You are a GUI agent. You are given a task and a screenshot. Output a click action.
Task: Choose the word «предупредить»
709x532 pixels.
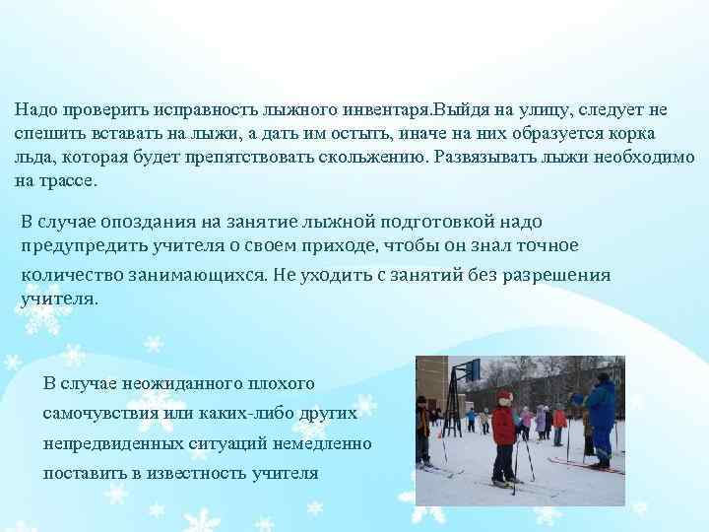coord(78,246)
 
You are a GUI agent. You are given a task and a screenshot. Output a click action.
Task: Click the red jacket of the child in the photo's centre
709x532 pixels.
coord(503,426)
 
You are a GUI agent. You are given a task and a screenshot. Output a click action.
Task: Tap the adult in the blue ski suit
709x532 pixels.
coord(600,414)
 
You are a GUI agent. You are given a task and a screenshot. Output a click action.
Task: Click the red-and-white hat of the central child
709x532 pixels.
coord(504,396)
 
